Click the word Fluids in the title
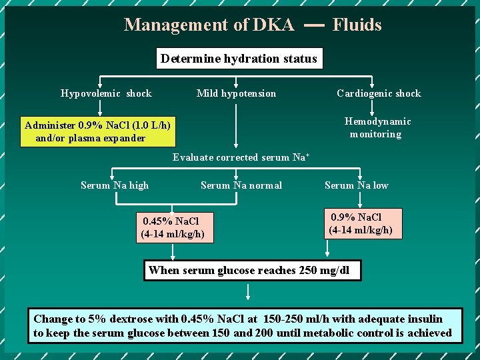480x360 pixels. [x=357, y=25]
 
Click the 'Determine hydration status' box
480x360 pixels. [x=239, y=59]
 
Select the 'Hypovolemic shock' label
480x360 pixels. [x=106, y=93]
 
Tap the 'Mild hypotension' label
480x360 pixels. [x=236, y=93]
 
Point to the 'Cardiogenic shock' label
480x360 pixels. [x=379, y=93]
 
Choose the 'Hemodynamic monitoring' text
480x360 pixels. [x=377, y=127]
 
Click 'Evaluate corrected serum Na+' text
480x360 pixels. [x=240, y=157]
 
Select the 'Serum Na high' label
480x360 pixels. [x=115, y=185]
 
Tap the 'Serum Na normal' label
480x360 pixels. [x=241, y=185]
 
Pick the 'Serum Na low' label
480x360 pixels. [x=356, y=185]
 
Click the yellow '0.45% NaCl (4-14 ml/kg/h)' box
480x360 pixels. [x=173, y=227]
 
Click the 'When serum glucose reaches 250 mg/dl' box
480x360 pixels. [x=253, y=270]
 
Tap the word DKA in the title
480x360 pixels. [x=273, y=25]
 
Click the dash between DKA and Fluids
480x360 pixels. [x=314, y=25]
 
